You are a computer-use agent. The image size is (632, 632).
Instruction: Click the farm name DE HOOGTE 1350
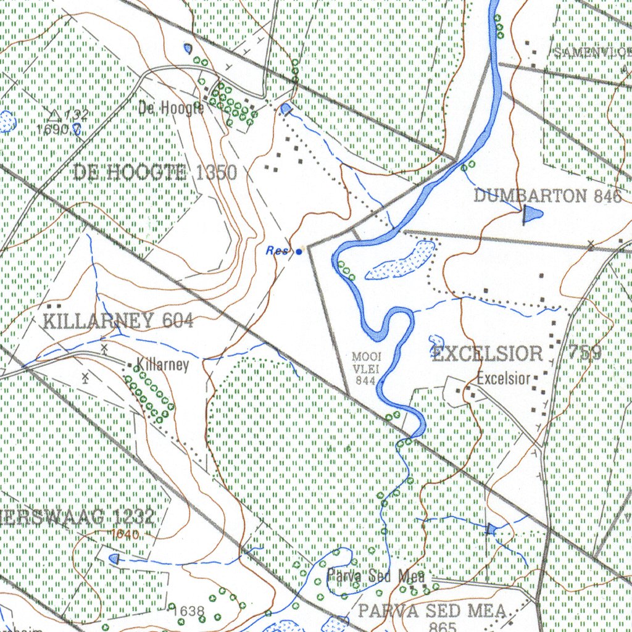[x=155, y=172]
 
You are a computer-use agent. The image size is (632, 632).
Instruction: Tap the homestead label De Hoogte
[x=171, y=109]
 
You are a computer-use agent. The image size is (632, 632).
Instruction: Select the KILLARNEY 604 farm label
[x=118, y=321]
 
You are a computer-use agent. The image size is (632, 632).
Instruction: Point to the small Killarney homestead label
[x=162, y=364]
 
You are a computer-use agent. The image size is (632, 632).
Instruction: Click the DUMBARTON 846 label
[x=548, y=196]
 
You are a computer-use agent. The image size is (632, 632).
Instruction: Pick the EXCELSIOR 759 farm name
[x=517, y=354]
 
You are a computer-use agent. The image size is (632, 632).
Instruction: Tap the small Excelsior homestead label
[x=504, y=378]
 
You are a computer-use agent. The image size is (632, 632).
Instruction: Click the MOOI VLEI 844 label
[x=367, y=368]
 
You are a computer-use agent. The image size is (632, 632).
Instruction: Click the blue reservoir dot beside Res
[x=299, y=252]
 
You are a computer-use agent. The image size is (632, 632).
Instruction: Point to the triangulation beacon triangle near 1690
[x=54, y=115]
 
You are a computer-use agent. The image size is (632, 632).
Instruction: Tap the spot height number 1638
[x=189, y=611]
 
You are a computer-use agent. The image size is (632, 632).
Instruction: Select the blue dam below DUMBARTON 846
[x=531, y=214]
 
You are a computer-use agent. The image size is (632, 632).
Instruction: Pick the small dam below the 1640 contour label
[x=114, y=559]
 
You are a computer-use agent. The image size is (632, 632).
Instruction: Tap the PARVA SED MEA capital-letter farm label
[x=433, y=611]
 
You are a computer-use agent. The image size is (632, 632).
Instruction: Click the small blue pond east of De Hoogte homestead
[x=285, y=109]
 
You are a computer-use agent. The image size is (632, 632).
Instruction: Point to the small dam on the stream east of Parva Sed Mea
[x=491, y=529]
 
